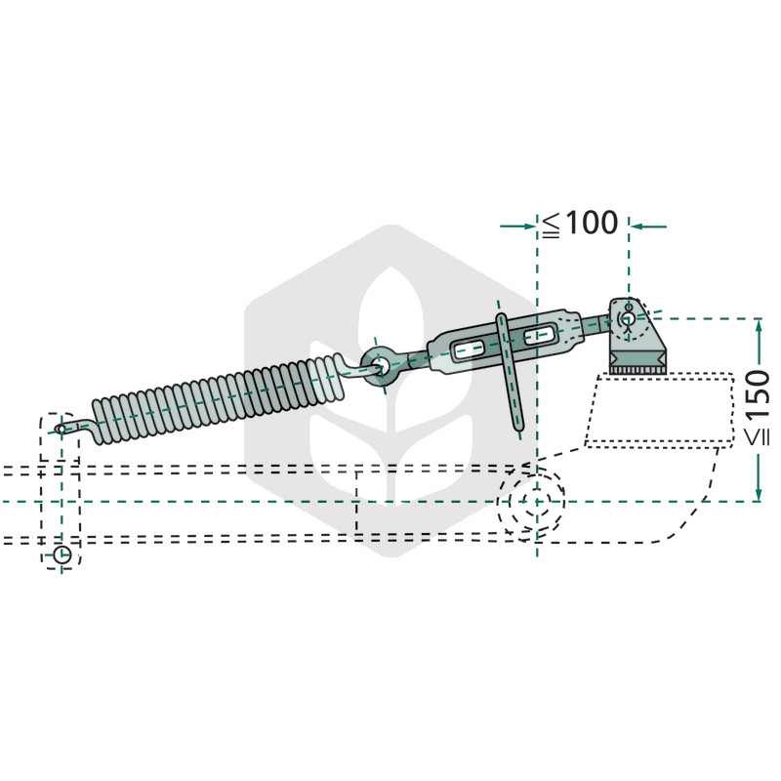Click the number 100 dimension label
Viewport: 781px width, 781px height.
[x=593, y=223]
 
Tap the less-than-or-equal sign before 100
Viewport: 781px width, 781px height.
[x=552, y=225]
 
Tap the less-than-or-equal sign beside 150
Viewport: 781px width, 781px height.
[x=758, y=435]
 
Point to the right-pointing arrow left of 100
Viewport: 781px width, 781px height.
[x=518, y=226]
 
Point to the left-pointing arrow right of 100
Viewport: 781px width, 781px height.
[x=648, y=226]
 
